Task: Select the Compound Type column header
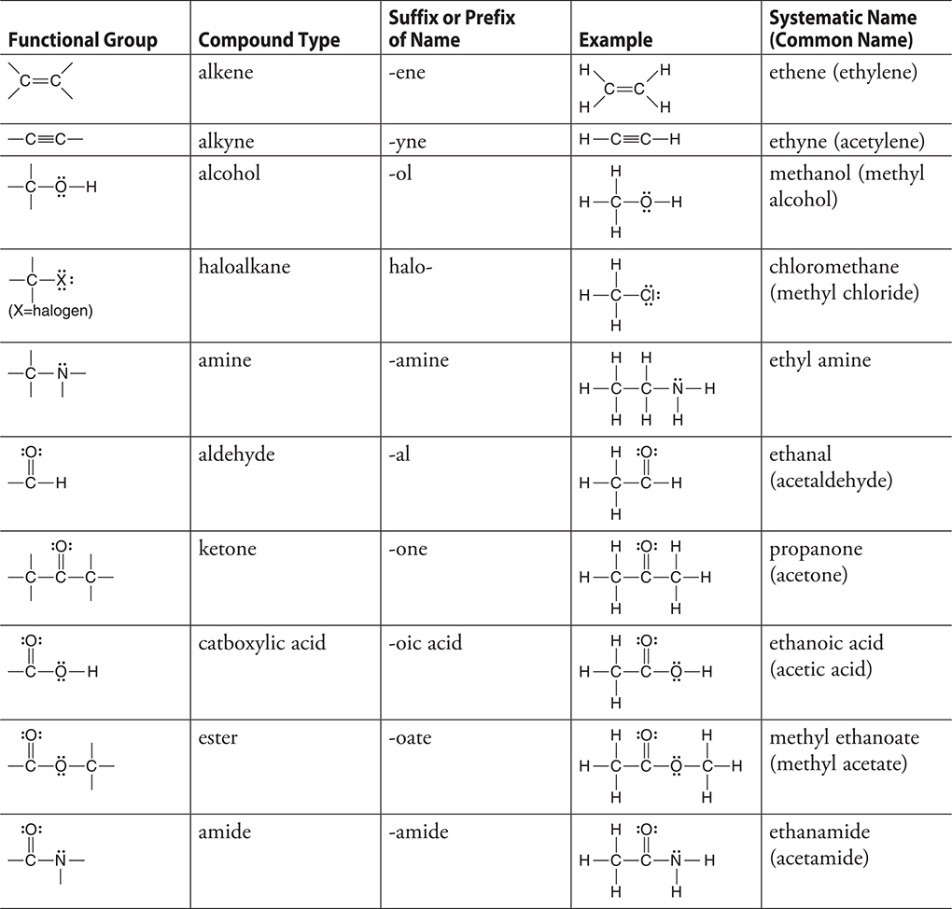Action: pyautogui.click(x=269, y=40)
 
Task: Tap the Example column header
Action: pyautogui.click(x=615, y=40)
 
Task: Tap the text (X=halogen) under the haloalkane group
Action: pyautogui.click(x=50, y=311)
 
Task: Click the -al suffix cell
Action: pyautogui.click(x=402, y=454)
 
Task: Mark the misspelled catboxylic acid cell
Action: pyautogui.click(x=262, y=643)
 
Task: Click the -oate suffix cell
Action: pyautogui.click(x=410, y=737)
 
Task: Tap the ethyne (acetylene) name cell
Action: pyautogui.click(x=847, y=141)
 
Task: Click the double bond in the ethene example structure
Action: pyautogui.click(x=624, y=89)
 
